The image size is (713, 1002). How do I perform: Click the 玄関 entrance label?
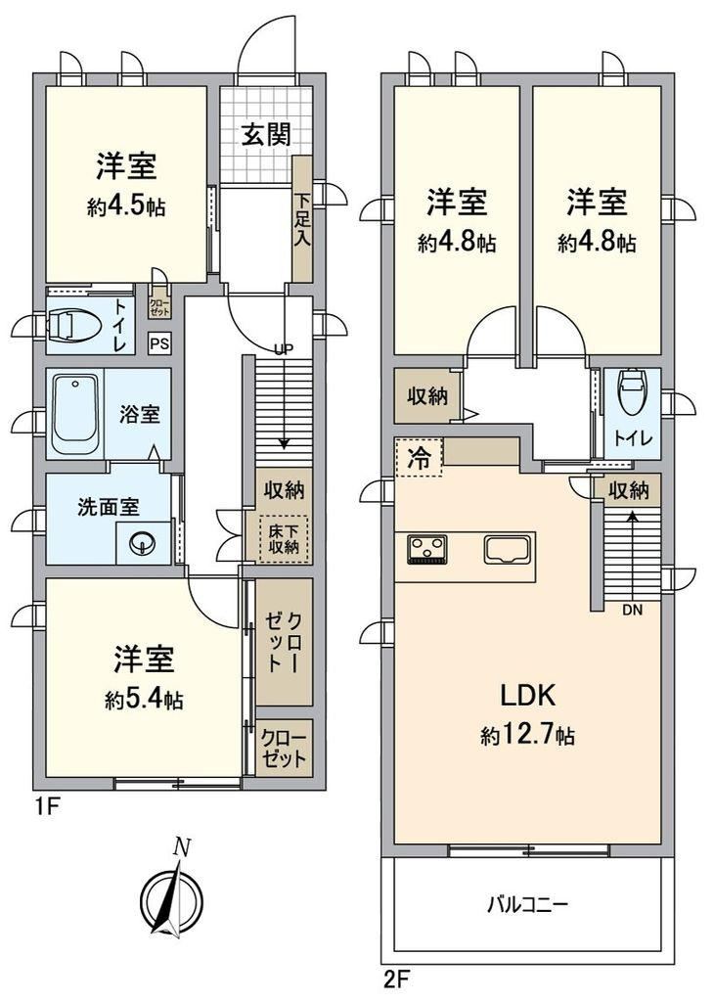coord(265,134)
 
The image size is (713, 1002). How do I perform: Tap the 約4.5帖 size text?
coord(127,206)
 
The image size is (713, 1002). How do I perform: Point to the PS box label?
coord(158,343)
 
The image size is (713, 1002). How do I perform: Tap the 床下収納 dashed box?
coord(284,539)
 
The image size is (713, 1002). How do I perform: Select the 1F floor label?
coord(50,807)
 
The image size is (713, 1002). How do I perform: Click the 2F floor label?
coord(394,977)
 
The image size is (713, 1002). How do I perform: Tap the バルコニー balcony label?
coord(528,904)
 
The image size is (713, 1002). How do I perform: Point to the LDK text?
coord(528,697)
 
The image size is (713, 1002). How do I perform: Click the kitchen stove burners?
coord(427,549)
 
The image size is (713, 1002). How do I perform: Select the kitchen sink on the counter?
coord(509,549)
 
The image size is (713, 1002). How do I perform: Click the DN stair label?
coord(633,611)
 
